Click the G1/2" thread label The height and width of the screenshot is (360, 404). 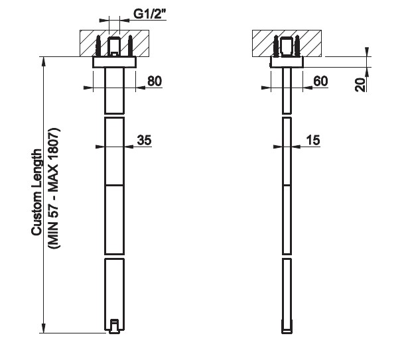point(149,14)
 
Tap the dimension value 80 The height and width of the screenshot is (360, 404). point(155,81)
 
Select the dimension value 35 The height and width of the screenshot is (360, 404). point(145,140)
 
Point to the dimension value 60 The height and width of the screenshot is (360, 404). point(321,81)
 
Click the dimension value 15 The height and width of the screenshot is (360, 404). point(313,140)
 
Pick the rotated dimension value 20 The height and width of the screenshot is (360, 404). point(360,85)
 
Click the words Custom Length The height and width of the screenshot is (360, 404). point(36,192)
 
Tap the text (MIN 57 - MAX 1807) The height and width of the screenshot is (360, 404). point(54,188)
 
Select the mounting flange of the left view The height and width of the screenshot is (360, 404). point(114,62)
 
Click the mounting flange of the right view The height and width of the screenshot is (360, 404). point(287,62)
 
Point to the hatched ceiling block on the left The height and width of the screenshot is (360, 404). point(114,43)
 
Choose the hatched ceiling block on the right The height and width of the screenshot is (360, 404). point(287,43)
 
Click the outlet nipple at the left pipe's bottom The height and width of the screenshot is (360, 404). point(114,327)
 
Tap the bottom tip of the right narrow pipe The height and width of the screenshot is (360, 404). point(287,333)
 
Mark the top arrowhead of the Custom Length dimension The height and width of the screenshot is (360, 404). point(44,62)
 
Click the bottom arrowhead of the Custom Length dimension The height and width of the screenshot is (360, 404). point(44,328)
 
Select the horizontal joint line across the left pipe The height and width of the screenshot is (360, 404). point(114,185)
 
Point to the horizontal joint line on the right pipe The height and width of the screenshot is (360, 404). point(287,185)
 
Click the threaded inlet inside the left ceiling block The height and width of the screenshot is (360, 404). point(114,46)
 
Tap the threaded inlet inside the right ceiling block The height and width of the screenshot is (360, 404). point(287,46)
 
